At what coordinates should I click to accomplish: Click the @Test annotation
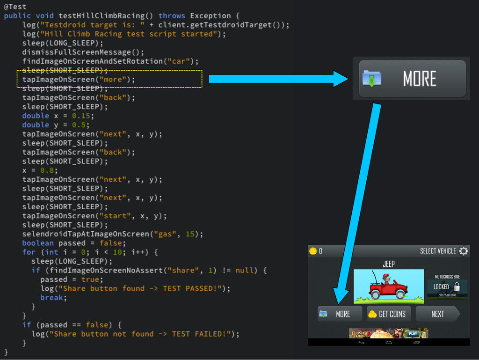[15, 7]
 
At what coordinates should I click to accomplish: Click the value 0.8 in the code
[47, 170]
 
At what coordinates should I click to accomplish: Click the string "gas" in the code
[167, 234]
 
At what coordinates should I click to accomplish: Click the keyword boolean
[38, 243]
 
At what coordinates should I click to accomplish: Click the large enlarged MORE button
[412, 79]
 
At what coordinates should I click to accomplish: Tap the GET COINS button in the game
[388, 314]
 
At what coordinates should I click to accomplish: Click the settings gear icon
[464, 251]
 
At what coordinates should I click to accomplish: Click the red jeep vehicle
[388, 287]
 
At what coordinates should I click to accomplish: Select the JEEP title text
[389, 264]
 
